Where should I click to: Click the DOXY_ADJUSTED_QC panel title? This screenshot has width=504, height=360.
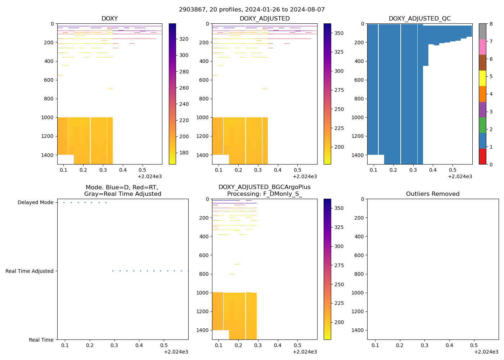pos(419,19)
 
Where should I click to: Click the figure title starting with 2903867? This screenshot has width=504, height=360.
pos(252,10)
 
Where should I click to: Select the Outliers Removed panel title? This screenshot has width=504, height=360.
pos(433,194)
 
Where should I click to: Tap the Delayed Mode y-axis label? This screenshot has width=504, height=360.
pos(35,203)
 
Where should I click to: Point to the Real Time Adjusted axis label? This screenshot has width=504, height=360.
pos(30,271)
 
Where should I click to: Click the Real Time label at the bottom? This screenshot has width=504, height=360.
pos(41,340)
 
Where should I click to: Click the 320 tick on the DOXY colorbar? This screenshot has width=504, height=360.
pos(184,39)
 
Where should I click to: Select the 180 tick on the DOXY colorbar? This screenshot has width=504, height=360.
pos(184,153)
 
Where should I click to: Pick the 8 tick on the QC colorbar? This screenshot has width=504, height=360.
pos(491,24)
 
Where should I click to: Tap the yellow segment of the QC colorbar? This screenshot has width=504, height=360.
pos(482,78)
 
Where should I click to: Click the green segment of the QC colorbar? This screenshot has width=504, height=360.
pos(482,125)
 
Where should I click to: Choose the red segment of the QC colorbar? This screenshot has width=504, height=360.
pos(482,157)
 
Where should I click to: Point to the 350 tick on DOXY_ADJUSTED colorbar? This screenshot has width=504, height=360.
pos(339,33)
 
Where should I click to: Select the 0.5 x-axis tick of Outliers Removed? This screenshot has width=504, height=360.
pos(474,346)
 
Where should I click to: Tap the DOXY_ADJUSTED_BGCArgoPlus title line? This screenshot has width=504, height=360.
pos(264,187)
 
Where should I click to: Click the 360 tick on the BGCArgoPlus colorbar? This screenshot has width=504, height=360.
pos(339,208)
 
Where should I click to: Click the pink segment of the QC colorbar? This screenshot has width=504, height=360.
pos(482,47)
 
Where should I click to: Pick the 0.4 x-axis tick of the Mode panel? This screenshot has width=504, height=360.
pos(139,346)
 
